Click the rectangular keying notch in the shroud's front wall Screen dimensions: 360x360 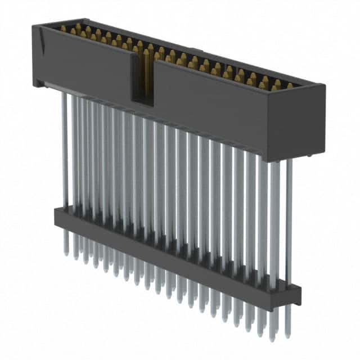pyautogui.click(x=142, y=79)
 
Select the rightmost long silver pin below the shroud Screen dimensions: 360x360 pyautogui.click(x=289, y=219)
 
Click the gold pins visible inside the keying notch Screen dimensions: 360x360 pyautogui.click(x=143, y=67)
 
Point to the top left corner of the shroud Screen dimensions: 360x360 pyautogui.click(x=34, y=26)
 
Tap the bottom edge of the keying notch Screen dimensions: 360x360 pyautogui.click(x=142, y=103)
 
